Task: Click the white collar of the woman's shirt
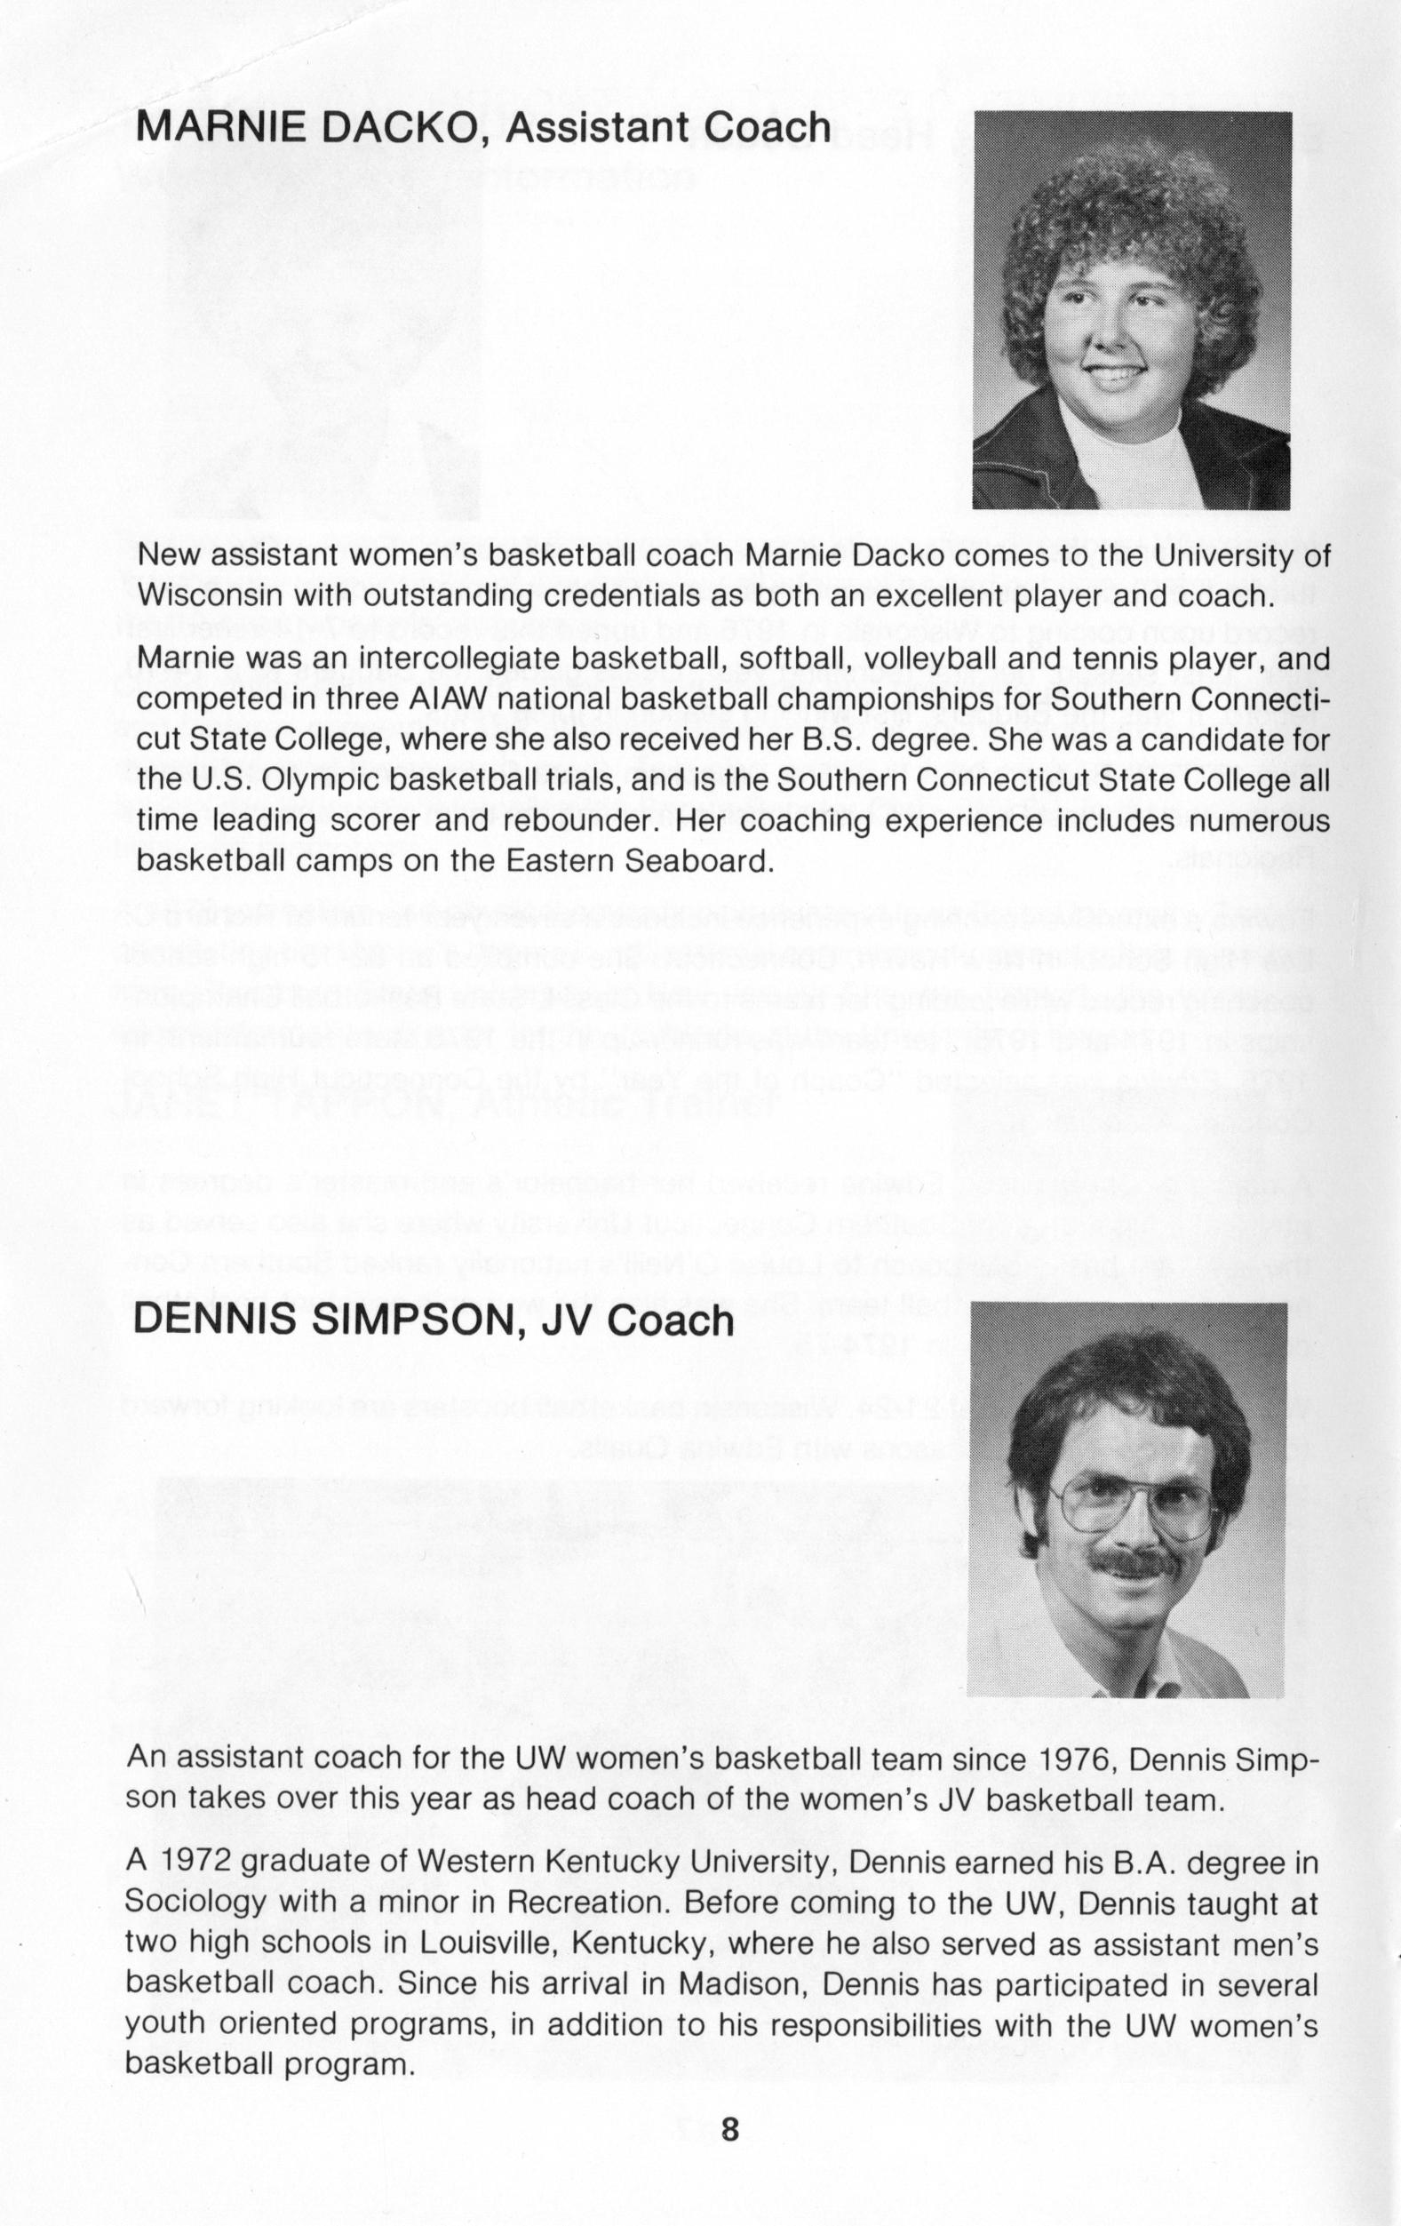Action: [1118, 453]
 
